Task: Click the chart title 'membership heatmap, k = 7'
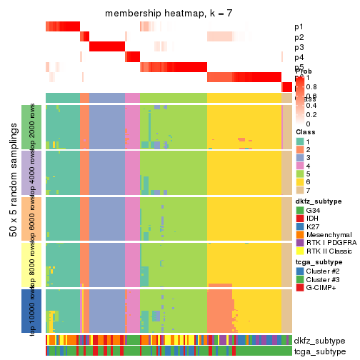[169, 14]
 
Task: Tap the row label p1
[299, 27]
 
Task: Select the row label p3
[299, 47]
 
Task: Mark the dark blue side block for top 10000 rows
[26, 311]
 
